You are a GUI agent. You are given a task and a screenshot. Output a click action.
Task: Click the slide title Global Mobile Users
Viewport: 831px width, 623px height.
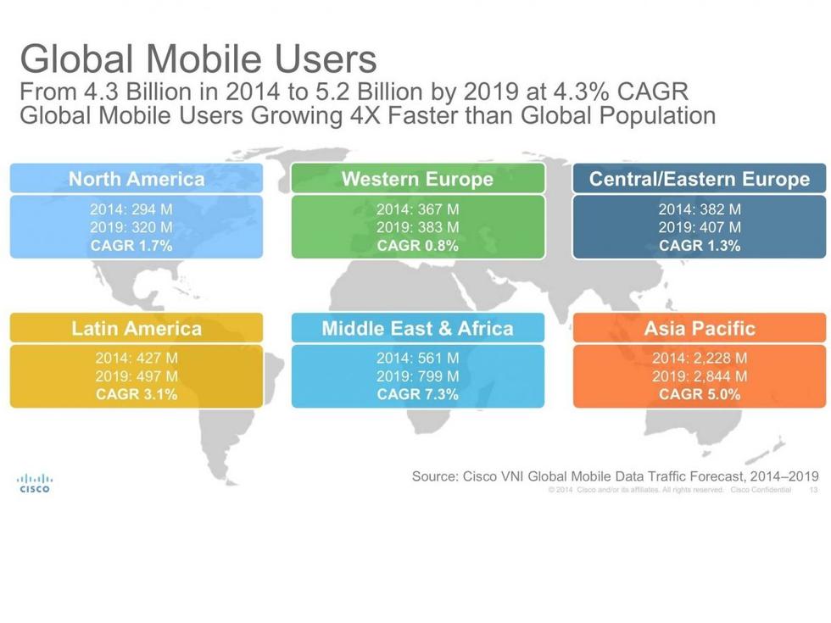(x=198, y=59)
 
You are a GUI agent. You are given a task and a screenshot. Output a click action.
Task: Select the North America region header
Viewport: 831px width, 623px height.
(x=136, y=179)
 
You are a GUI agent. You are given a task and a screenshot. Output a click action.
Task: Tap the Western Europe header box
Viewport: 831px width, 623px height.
(x=417, y=179)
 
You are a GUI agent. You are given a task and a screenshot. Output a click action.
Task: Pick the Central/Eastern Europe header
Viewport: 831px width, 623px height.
(x=700, y=179)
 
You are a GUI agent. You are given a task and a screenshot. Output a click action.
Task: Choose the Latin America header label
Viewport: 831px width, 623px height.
(x=136, y=328)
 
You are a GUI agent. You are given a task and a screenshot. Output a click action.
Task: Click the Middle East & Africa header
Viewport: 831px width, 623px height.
(x=417, y=328)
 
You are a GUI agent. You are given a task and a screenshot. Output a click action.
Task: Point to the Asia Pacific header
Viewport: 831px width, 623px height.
(x=700, y=328)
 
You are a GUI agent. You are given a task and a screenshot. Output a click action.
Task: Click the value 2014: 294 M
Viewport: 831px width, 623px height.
(x=131, y=209)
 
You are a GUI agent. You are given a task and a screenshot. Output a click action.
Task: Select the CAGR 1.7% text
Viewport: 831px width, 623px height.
(x=131, y=246)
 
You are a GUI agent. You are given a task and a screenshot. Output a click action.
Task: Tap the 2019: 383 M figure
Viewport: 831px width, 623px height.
(x=417, y=227)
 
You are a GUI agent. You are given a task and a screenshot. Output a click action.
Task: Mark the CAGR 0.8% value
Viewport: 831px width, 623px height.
(x=417, y=246)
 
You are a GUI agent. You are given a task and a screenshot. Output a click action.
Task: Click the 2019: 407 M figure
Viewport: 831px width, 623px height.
(x=700, y=227)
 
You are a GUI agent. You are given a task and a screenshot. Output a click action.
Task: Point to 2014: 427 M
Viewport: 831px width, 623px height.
(x=137, y=359)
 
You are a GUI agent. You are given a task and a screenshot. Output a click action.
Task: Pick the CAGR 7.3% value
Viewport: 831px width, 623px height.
(x=417, y=394)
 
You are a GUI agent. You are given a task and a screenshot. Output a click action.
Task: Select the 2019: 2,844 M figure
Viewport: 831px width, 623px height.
(x=700, y=376)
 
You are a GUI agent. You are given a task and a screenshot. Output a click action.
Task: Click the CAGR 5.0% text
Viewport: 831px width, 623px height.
(x=700, y=394)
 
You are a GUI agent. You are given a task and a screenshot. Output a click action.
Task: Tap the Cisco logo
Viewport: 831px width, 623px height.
(x=35, y=482)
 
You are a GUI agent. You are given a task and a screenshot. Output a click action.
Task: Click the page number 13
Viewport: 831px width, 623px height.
(x=813, y=490)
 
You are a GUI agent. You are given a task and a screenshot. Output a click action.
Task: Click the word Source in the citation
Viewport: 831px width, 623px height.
(x=434, y=476)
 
